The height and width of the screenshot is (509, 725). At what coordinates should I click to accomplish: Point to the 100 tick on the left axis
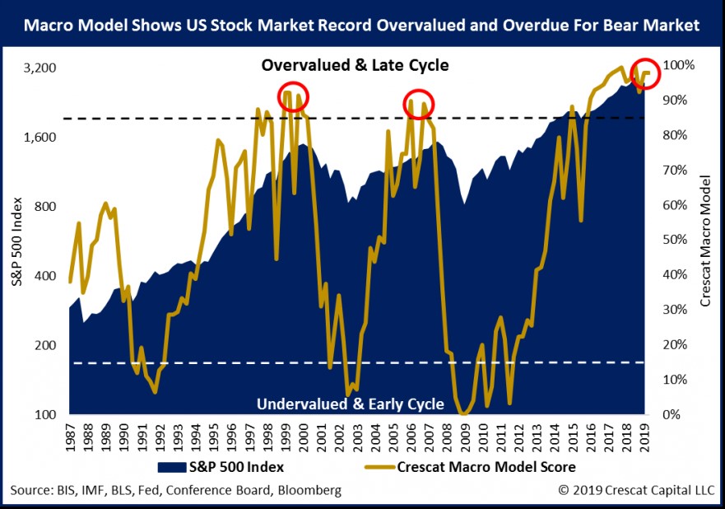pyautogui.click(x=44, y=414)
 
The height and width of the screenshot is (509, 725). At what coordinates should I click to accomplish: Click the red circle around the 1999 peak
pyautogui.click(x=293, y=96)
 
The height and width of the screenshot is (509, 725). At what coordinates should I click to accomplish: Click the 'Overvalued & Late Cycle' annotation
pyautogui.click(x=355, y=65)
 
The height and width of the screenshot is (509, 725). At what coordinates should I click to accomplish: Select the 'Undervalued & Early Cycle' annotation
pyautogui.click(x=355, y=404)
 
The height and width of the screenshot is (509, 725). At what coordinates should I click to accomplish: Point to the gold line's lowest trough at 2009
pyautogui.click(x=464, y=413)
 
